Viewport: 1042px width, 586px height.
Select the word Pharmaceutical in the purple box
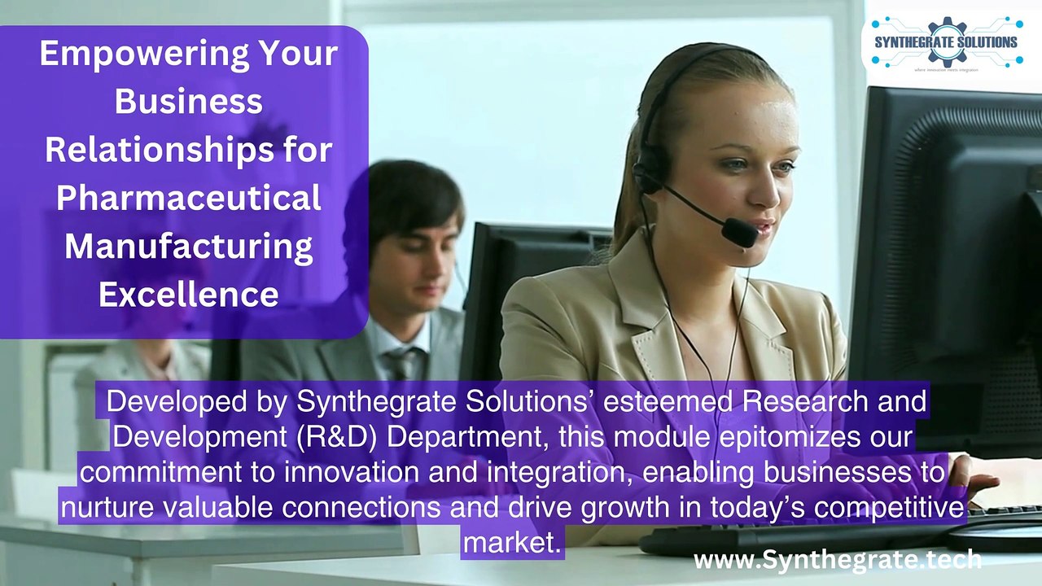pyautogui.click(x=188, y=198)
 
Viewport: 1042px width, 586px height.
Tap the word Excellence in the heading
pyautogui.click(x=188, y=294)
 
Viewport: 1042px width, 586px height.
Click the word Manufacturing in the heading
pyautogui.click(x=188, y=246)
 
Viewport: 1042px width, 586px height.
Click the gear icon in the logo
pyautogui.click(x=945, y=40)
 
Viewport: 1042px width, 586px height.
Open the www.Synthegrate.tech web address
pyautogui.click(x=837, y=560)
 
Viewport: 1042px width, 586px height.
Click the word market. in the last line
pyautogui.click(x=512, y=541)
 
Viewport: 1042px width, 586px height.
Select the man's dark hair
pyautogui.click(x=415, y=187)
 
